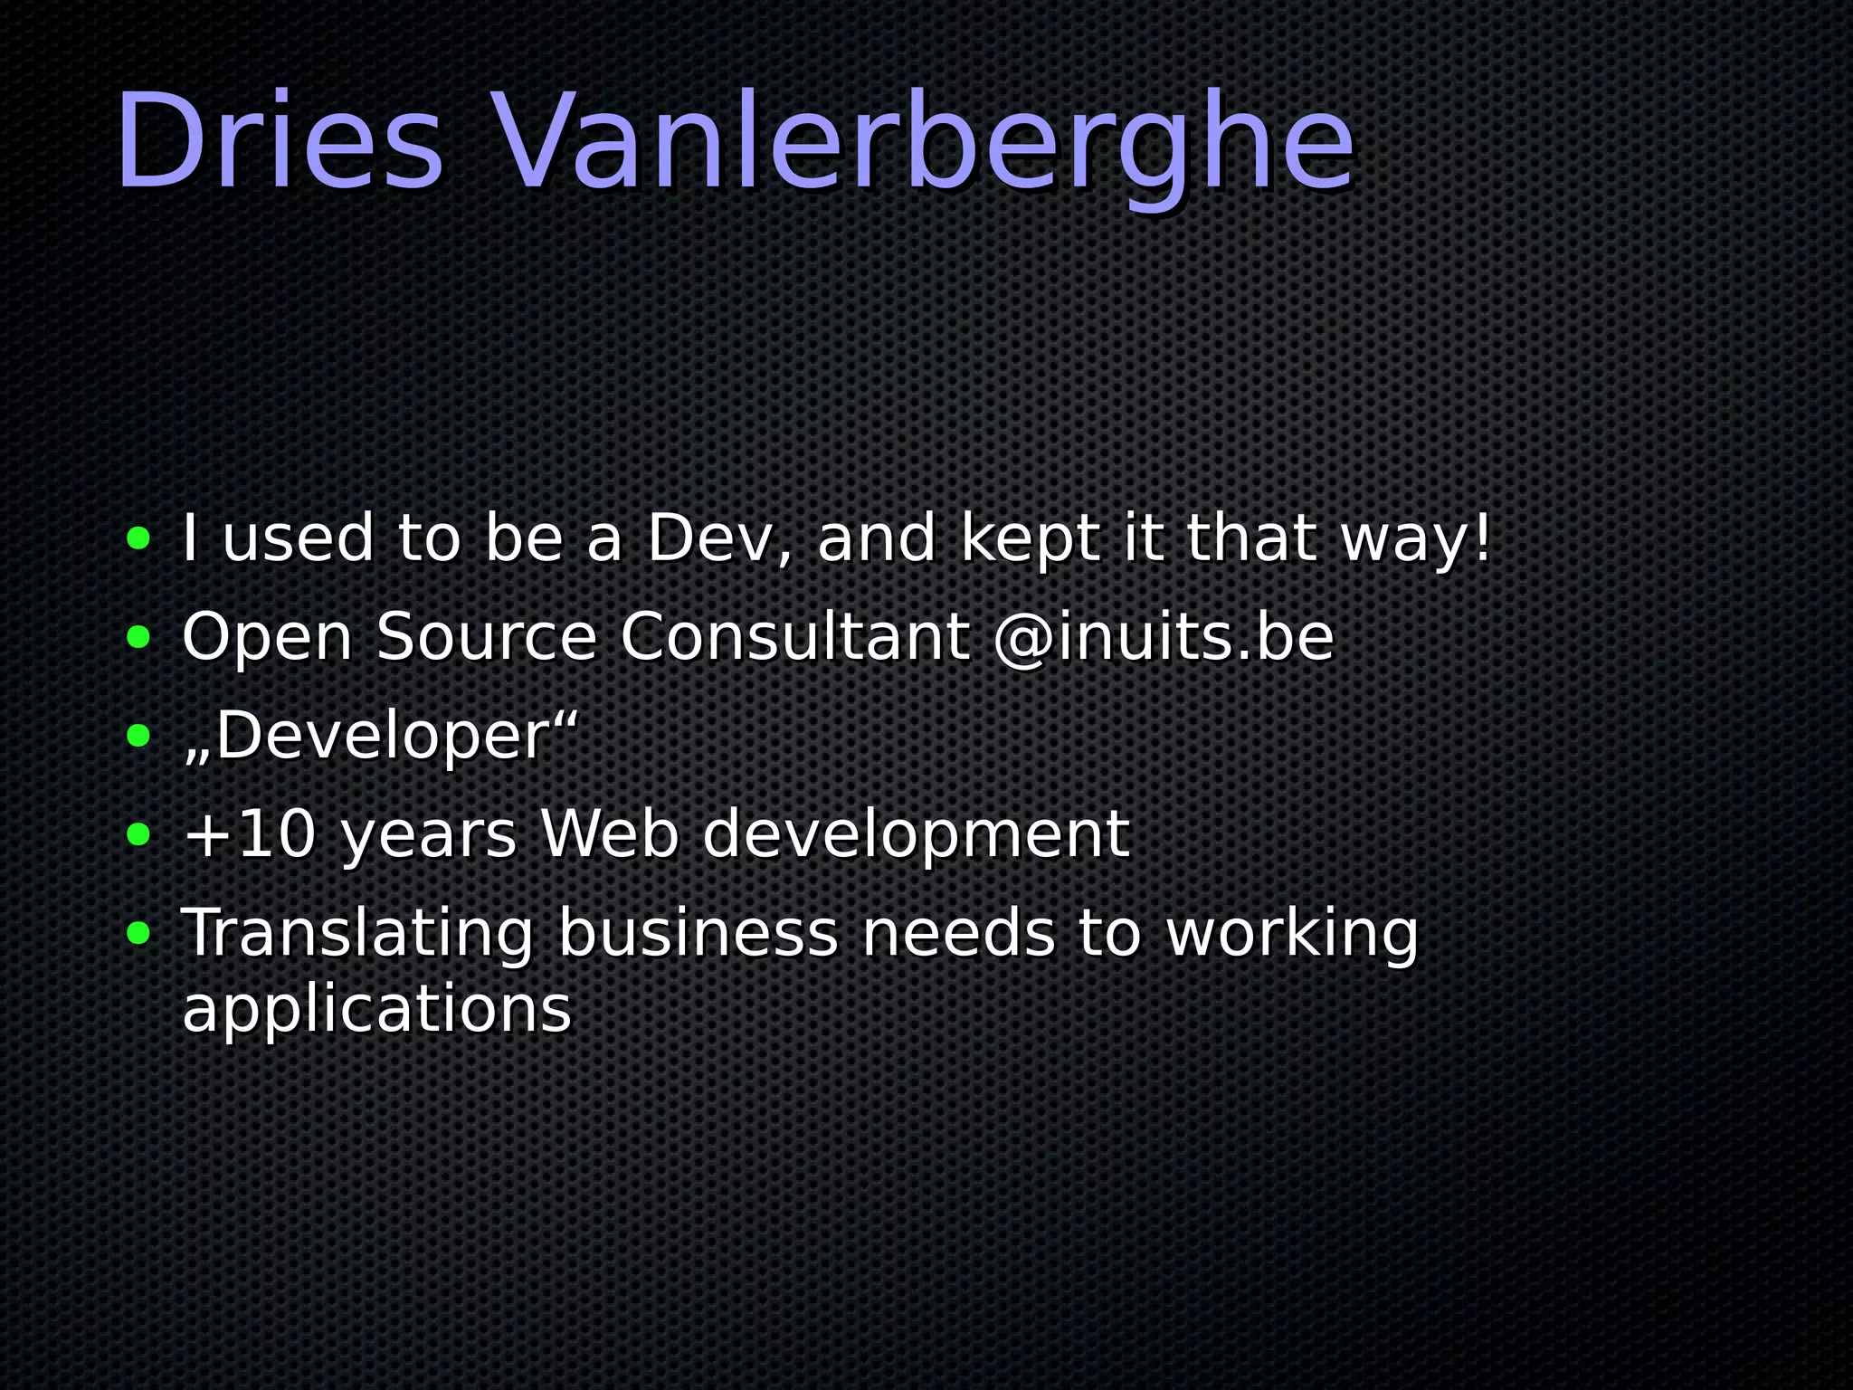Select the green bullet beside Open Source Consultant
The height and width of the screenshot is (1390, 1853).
138,637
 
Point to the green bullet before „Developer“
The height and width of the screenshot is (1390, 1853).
138,736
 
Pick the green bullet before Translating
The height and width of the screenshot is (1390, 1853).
138,932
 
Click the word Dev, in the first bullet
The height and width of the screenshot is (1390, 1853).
719,538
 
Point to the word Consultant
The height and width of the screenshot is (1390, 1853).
794,637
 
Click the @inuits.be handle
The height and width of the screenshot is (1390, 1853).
1164,637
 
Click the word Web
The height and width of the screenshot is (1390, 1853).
609,833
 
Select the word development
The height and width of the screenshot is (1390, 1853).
916,835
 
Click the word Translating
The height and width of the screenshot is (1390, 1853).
358,934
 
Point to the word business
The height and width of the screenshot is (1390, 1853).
698,932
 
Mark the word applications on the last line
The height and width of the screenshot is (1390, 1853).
377,1010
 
